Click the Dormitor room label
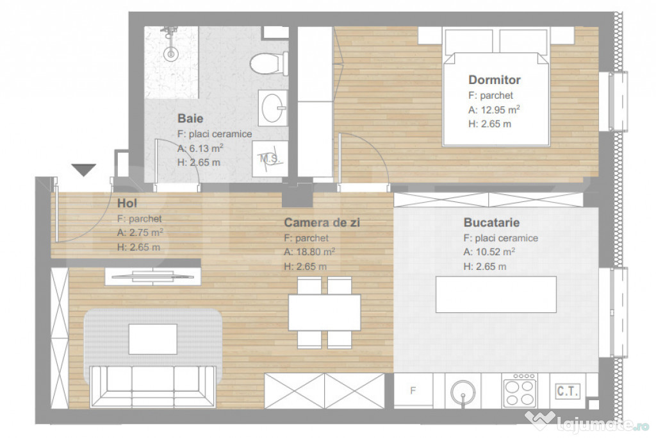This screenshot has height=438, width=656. (x=494, y=80)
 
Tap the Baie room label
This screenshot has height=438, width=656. (x=190, y=119)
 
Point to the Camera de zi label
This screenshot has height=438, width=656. (x=322, y=223)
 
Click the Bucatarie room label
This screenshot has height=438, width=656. (x=491, y=223)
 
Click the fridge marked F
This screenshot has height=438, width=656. (x=413, y=391)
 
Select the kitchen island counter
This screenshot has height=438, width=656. (x=496, y=294)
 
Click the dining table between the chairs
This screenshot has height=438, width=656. (x=324, y=312)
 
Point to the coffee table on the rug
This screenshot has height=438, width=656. (x=152, y=339)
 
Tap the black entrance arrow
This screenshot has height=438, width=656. (x=83, y=169)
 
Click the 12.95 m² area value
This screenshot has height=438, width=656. (x=493, y=110)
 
